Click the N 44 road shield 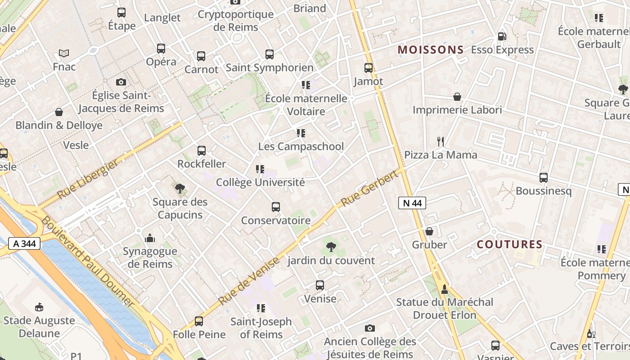pos(412,203)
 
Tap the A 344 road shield pos(24,244)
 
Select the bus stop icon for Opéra pos(161,49)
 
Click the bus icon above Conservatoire pos(276,207)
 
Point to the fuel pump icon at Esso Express pos(502,36)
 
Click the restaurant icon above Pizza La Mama pos(441,142)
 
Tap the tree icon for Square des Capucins pos(180,189)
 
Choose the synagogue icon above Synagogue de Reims pos(150,238)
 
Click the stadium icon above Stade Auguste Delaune pos(39,307)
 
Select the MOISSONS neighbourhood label pos(431,50)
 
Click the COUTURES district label pos(509,245)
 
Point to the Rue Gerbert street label pos(370,189)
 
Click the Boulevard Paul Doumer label pos(88,262)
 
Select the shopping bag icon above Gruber pos(429,231)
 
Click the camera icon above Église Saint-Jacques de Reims pos(121,82)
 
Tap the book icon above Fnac pos(64,54)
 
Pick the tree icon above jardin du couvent pos(331,247)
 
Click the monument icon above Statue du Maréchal pos(445,289)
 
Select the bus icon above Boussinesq pos(544,178)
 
